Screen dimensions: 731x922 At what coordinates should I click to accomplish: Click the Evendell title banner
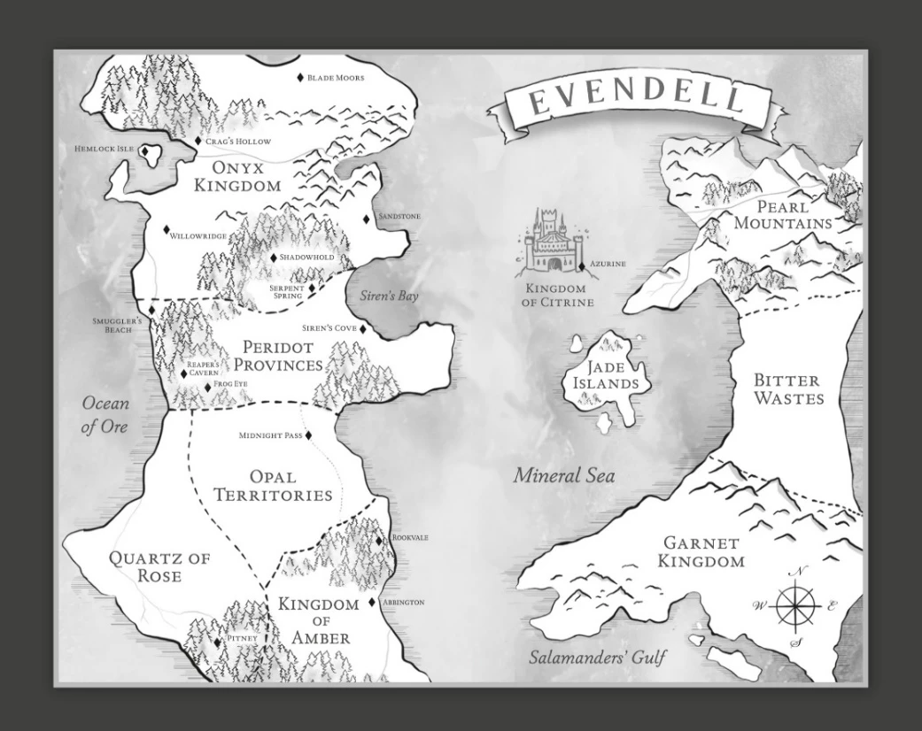click(636, 104)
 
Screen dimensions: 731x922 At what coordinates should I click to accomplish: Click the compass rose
click(795, 607)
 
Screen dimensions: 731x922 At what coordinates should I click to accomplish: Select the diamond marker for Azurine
click(582, 265)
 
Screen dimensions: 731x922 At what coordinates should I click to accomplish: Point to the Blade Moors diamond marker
click(300, 78)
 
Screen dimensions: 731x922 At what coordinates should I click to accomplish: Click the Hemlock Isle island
click(150, 156)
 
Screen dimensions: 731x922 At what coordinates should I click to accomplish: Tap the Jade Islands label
click(606, 375)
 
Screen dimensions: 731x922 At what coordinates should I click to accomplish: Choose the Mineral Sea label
click(564, 476)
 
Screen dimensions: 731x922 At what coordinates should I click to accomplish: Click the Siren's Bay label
click(389, 296)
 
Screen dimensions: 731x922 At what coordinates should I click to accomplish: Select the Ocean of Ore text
click(105, 415)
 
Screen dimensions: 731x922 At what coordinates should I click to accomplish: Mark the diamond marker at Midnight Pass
click(309, 435)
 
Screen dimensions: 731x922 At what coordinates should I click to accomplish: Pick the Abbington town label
click(404, 603)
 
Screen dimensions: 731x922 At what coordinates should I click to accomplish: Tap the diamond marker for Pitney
click(218, 643)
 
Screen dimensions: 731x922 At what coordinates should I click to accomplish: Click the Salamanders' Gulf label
click(597, 658)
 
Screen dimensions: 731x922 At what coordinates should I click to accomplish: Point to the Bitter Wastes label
click(787, 389)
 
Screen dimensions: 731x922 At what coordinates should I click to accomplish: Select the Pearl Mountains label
click(783, 215)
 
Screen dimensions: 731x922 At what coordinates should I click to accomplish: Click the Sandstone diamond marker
click(366, 219)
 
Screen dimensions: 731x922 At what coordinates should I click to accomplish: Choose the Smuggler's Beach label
click(117, 325)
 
